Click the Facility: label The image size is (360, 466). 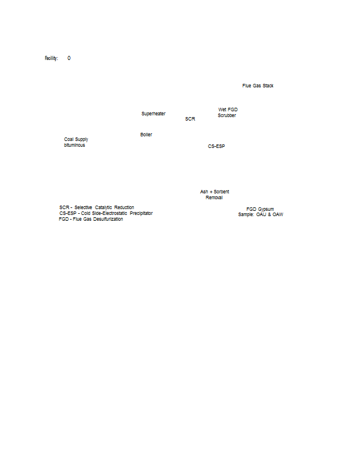pos(51,58)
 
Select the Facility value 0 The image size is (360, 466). pos(69,58)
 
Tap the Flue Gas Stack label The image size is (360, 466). pos(257,86)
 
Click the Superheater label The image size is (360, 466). pos(153,114)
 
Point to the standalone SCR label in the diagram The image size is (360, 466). pos(190,119)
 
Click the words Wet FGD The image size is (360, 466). pos(228,110)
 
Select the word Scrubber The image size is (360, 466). pos(227,115)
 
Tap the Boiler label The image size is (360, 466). pos(146,135)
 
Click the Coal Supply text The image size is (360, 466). pos(76,139)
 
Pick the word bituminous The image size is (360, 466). pos(74,145)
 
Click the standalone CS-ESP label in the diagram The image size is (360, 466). pos(216,146)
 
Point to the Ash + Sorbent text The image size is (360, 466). pos(214,192)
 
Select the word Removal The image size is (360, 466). pos(214,197)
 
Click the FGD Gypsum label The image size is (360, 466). pos(260,209)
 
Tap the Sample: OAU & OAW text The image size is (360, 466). pos(260,215)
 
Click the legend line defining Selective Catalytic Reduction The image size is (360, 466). pos(96,207)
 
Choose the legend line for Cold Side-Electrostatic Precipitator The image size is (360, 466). pos(105,213)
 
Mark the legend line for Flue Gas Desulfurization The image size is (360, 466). pos(91,219)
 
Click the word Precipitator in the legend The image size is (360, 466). pos(141,213)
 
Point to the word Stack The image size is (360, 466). pos(268,86)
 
